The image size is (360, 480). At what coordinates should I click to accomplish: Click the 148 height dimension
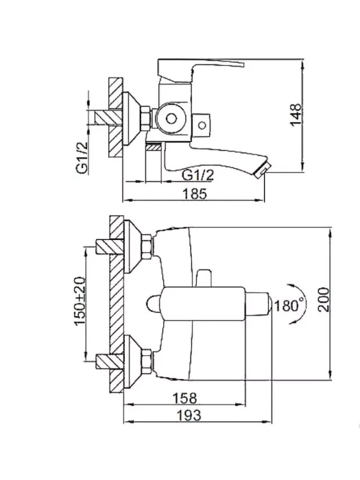click(x=296, y=115)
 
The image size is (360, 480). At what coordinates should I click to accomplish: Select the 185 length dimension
click(x=195, y=194)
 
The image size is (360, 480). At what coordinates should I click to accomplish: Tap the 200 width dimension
click(x=324, y=300)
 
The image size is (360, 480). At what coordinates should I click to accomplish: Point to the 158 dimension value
click(x=185, y=398)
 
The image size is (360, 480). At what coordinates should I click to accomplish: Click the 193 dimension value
click(x=189, y=416)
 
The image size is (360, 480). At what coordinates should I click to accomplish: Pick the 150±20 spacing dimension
click(x=80, y=301)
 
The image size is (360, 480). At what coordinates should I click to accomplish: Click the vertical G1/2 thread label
click(x=82, y=158)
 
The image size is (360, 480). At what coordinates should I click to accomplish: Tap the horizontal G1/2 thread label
click(x=198, y=175)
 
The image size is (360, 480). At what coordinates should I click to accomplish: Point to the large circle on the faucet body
click(x=171, y=119)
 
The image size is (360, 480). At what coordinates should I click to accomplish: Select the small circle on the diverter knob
click(x=202, y=125)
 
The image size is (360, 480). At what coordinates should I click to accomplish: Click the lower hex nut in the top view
click(x=147, y=361)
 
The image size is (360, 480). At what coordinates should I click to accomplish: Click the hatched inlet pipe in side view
click(x=108, y=117)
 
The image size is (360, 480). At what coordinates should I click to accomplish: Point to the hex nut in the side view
click(x=145, y=118)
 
